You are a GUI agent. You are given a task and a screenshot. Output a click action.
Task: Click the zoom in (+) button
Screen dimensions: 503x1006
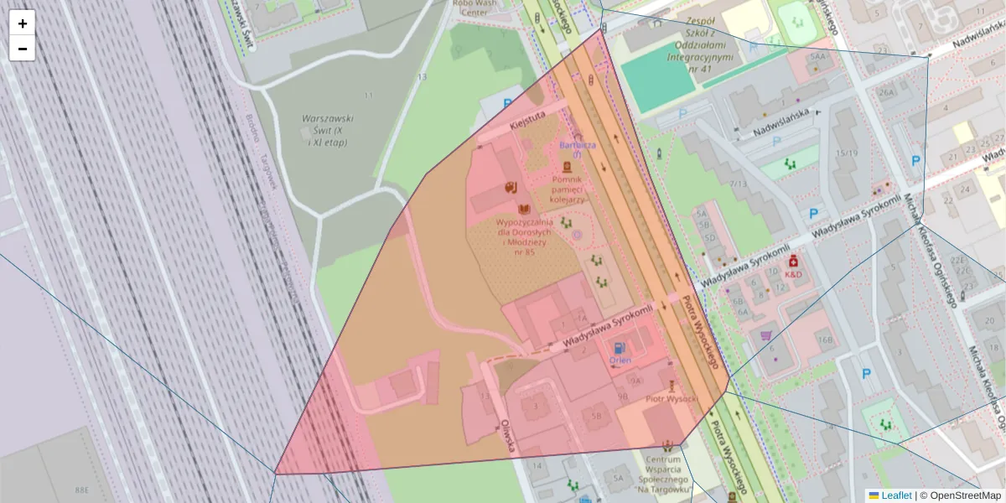(x=23, y=23)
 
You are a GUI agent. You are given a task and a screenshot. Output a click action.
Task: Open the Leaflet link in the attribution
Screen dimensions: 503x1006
(x=889, y=495)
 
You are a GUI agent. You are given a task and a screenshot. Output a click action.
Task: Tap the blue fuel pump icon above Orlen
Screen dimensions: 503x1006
(x=620, y=347)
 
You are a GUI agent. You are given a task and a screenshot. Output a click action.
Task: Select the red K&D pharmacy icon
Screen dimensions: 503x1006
(x=792, y=262)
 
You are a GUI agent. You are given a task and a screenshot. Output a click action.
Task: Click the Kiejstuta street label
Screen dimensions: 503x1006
(x=527, y=120)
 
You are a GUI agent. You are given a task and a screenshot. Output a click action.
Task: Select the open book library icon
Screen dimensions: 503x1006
(x=525, y=209)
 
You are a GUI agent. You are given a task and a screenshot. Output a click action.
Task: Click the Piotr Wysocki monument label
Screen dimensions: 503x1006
(x=671, y=399)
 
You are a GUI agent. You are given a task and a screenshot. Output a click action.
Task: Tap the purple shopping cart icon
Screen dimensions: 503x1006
(x=765, y=336)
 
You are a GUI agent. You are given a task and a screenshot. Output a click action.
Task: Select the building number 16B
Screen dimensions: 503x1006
(x=825, y=340)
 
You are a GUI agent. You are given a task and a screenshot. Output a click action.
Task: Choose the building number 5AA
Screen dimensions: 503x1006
(x=818, y=56)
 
